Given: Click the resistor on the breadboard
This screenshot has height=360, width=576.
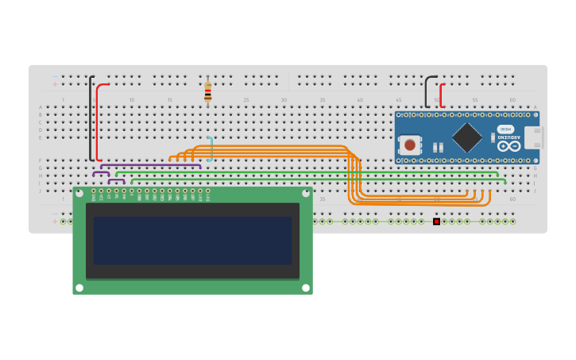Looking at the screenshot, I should [208, 92].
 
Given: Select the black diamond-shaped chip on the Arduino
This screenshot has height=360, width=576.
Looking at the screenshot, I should [466, 137].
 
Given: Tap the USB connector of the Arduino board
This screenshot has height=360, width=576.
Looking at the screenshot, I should [532, 137].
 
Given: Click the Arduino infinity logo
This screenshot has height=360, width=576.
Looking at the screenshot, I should [508, 146].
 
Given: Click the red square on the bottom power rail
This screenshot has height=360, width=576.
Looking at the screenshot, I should [436, 221].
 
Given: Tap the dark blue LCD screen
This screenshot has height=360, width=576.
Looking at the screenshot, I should [192, 240].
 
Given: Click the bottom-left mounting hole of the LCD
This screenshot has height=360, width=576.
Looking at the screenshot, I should [79, 288].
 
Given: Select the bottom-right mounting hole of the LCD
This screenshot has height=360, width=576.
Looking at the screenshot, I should [306, 288].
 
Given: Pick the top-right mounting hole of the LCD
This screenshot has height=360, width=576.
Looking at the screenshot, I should [306, 192].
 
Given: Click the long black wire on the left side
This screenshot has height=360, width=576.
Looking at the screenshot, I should [90, 119].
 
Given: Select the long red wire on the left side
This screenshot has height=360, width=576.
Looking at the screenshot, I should [98, 123].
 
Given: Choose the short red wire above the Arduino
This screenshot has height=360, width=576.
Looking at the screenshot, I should [441, 94].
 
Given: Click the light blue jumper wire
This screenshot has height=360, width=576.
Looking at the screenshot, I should [211, 149].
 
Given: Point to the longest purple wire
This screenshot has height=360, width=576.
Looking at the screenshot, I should [151, 165].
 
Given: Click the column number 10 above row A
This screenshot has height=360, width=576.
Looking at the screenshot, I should [132, 100].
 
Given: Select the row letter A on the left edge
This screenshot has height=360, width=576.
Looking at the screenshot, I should [41, 107].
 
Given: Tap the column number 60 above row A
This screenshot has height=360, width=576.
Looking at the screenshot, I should [512, 100].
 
